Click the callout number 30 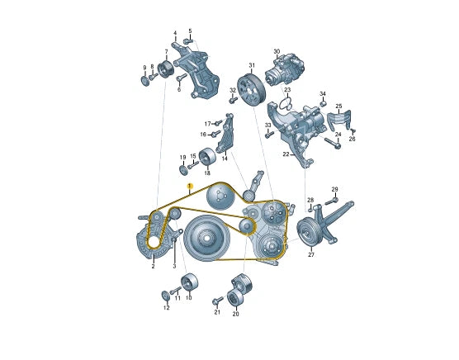tap(277, 51)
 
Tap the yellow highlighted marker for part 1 tap(191, 186)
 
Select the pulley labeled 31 tap(251, 91)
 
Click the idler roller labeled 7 tap(166, 71)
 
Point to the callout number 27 tap(311, 255)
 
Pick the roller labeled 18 tap(207, 158)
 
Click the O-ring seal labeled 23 tap(285, 104)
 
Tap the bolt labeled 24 tap(333, 143)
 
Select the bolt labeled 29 tap(331, 201)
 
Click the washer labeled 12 tap(166, 296)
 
